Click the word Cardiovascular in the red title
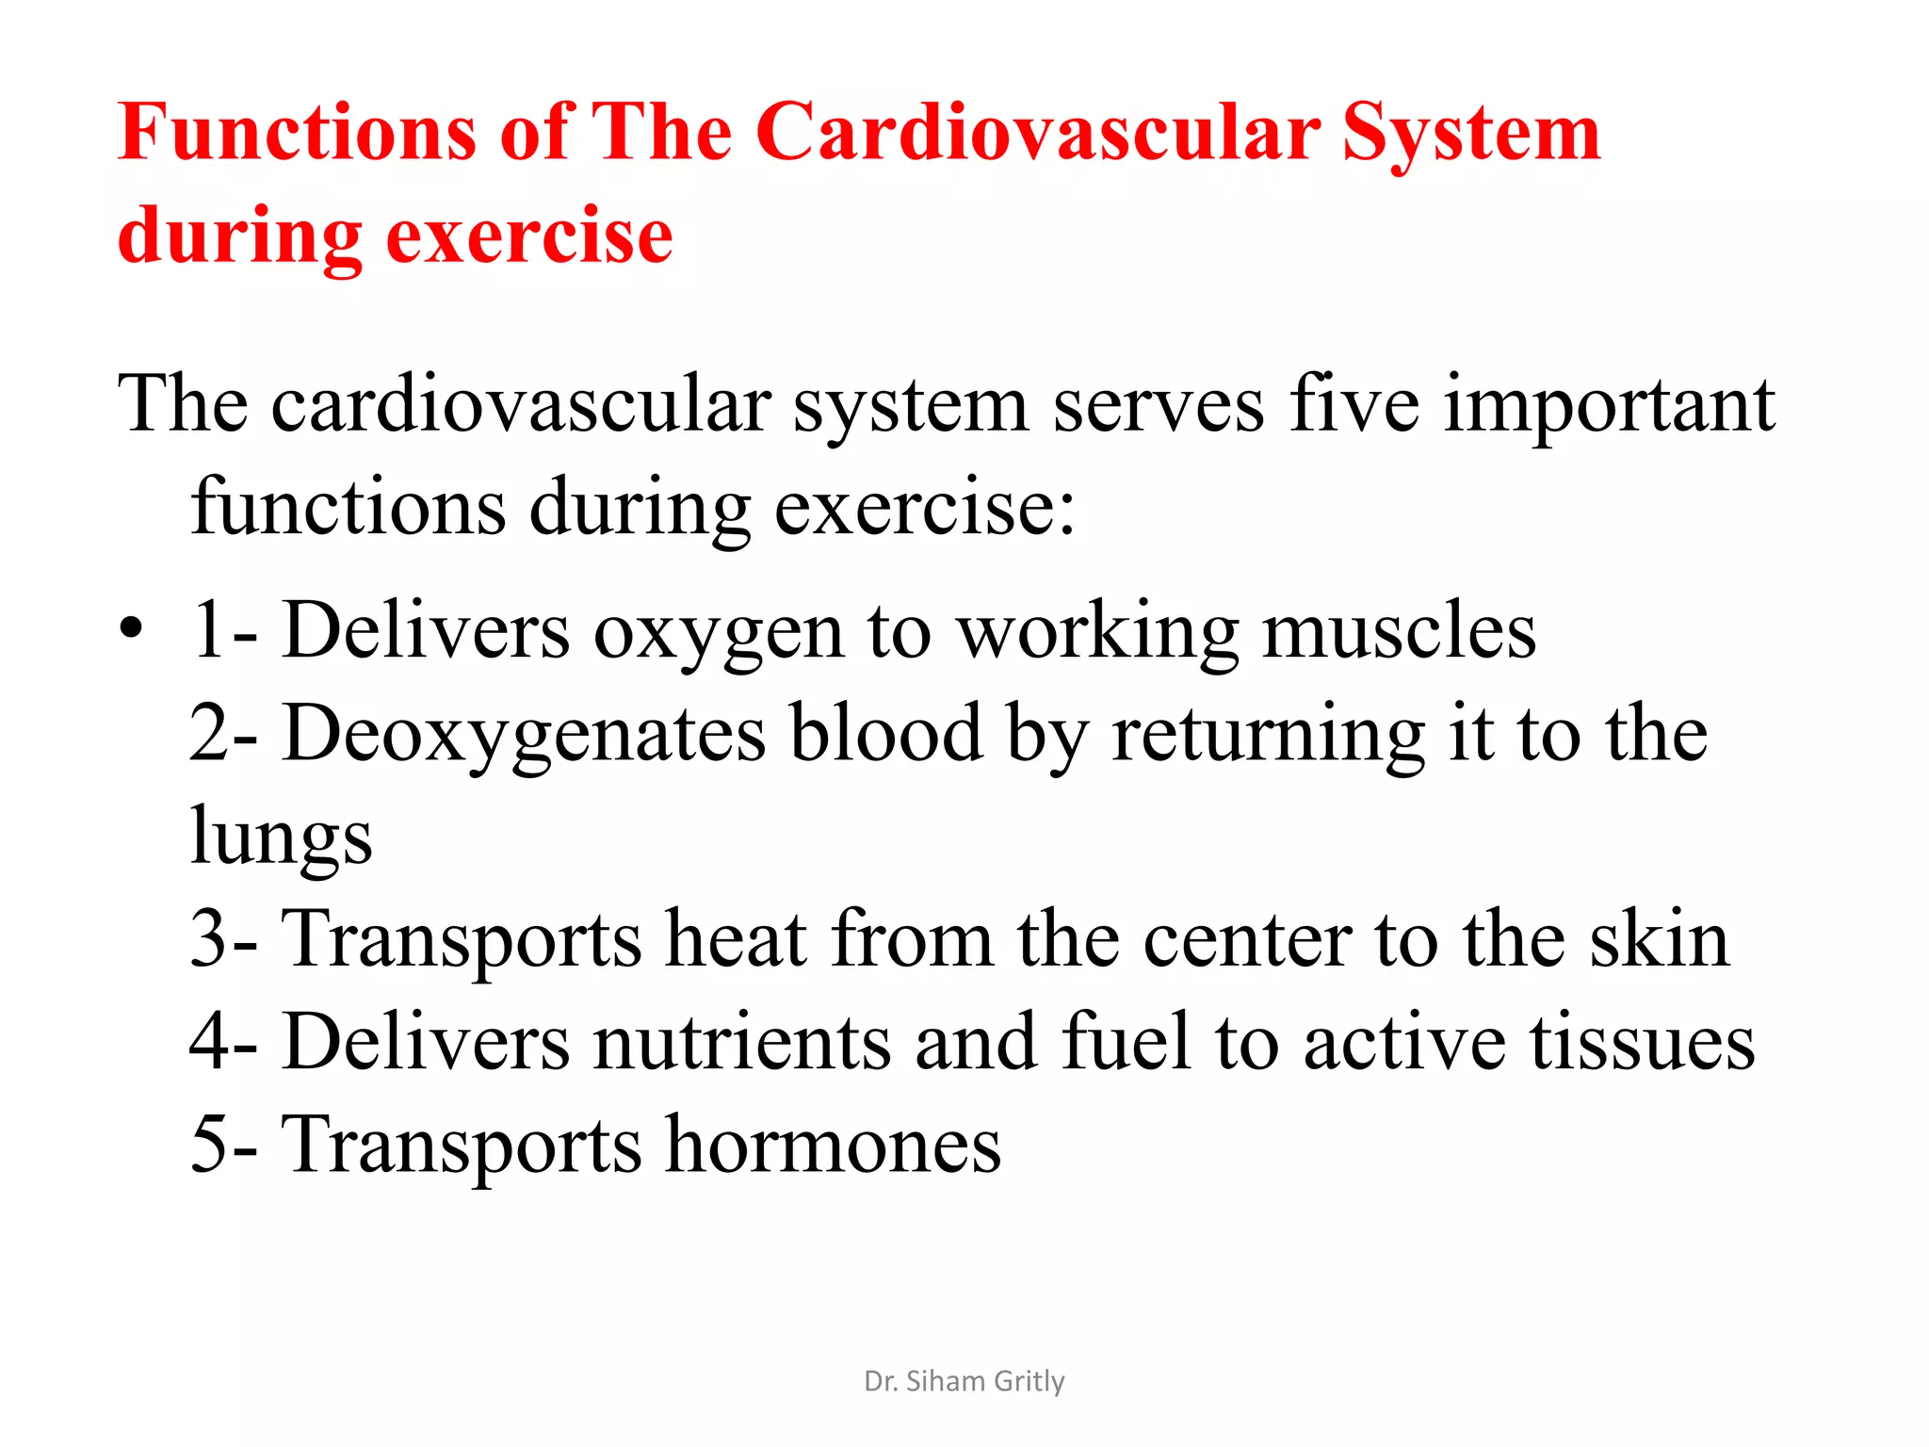click(1037, 134)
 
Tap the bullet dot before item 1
click(131, 627)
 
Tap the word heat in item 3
click(736, 939)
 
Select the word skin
click(1659, 939)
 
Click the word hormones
click(833, 1145)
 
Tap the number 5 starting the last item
click(208, 1145)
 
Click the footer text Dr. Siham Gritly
click(964, 1381)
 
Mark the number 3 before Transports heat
click(208, 939)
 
